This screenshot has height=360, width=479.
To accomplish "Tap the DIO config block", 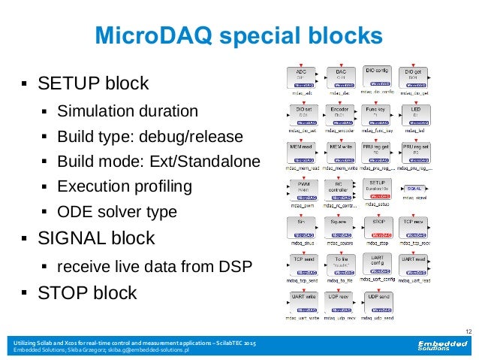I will (x=378, y=77).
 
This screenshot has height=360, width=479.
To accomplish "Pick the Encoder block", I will (x=341, y=114).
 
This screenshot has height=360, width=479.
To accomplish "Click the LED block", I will (x=415, y=114).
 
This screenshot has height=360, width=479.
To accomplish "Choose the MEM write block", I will (x=341, y=151).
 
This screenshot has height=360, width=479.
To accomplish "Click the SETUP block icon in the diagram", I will (x=378, y=188).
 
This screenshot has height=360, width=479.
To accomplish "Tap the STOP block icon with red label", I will (x=378, y=225).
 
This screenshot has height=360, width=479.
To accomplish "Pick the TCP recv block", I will (x=415, y=225).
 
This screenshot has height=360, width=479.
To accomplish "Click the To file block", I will (x=341, y=264).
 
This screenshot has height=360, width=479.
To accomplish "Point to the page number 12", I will (x=468, y=331).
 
